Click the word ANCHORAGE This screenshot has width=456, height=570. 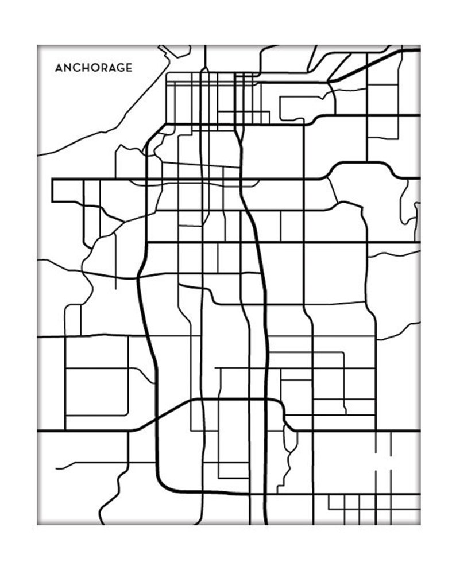click(94, 68)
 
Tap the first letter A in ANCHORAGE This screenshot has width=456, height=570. click(59, 68)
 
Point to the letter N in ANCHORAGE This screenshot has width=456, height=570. click(68, 68)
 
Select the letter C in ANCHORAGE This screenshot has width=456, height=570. click(77, 68)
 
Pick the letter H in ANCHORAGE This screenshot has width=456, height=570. click(86, 68)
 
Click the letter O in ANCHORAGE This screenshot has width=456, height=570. click(95, 68)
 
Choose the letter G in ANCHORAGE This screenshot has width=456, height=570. click(121, 68)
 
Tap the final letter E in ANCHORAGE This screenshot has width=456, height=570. click(130, 68)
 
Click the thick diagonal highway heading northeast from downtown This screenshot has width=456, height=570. click(368, 63)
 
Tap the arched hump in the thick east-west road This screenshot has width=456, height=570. click(362, 168)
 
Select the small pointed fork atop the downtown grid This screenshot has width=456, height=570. click(171, 51)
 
